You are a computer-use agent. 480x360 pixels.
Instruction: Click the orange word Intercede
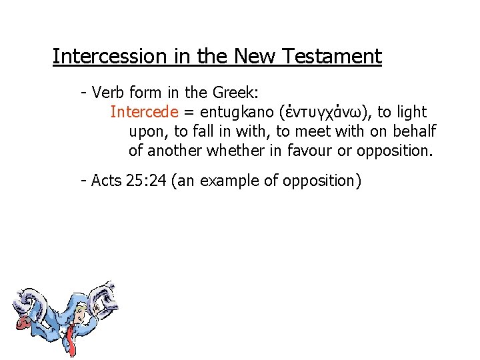click(144, 112)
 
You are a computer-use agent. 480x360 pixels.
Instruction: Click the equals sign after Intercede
click(189, 112)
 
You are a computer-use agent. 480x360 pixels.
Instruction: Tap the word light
click(411, 112)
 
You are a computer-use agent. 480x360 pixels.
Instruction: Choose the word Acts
click(107, 181)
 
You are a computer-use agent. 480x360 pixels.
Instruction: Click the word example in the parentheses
click(241, 181)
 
